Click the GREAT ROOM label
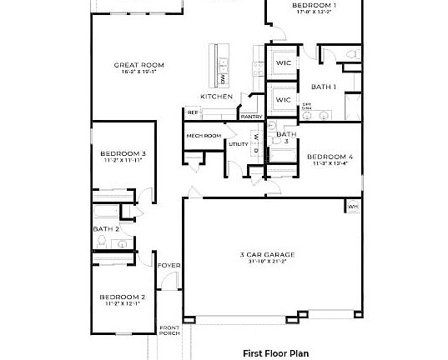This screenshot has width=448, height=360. click(139, 65)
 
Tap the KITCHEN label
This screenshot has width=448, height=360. click(216, 97)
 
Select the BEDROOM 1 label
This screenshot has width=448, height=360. click(315, 6)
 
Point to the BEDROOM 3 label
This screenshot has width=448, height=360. click(123, 153)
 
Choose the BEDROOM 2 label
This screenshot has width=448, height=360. click(123, 297)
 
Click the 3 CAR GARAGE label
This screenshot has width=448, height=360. click(266, 254)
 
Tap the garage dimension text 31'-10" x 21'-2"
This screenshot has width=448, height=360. click(266, 262)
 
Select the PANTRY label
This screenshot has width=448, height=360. click(251, 117)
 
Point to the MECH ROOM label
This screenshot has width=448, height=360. click(203, 135)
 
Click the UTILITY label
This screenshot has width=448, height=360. click(239, 145)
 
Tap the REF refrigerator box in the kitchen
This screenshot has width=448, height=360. click(192, 112)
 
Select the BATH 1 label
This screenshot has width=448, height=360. click(324, 87)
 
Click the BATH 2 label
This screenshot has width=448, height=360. click(105, 227)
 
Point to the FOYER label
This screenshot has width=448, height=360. click(169, 266)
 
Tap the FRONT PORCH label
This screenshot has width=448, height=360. click(169, 331)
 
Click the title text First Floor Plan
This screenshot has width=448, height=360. click(275, 352)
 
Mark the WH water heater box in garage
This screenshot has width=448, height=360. click(353, 206)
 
